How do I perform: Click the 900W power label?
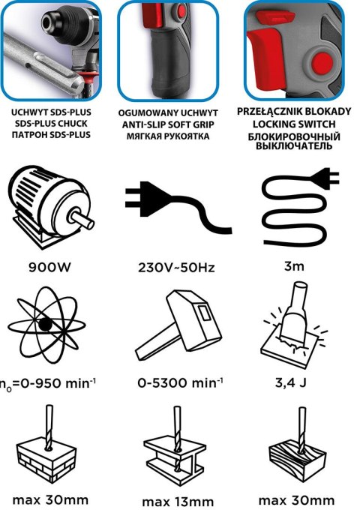(x=49, y=267)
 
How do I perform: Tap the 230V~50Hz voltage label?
(x=176, y=268)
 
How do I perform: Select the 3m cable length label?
(x=294, y=266)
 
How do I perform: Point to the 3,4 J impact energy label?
(x=290, y=382)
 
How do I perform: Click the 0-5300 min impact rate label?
(x=180, y=382)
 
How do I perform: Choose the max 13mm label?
(x=178, y=502)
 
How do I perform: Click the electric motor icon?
(x=51, y=207)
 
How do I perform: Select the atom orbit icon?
(x=46, y=325)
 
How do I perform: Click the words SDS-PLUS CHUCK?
(x=51, y=124)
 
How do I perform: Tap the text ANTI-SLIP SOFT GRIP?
(x=168, y=124)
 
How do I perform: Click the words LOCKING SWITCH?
(x=294, y=124)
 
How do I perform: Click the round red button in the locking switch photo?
(x=322, y=63)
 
